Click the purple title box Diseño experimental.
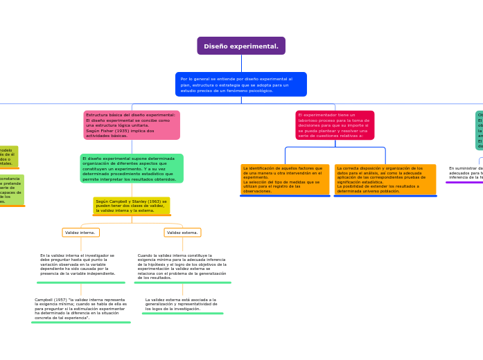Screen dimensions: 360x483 (x=241, y=46)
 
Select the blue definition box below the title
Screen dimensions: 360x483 (x=241, y=84)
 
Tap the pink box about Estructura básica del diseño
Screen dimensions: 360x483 (x=132, y=125)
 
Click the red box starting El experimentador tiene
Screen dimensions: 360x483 (x=335, y=125)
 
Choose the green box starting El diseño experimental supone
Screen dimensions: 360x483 (x=132, y=168)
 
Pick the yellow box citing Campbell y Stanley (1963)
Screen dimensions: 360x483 (x=132, y=205)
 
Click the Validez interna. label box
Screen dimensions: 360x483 (x=80, y=233)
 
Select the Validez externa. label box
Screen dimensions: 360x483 (x=182, y=233)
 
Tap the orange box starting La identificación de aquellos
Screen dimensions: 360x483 (x=285, y=179)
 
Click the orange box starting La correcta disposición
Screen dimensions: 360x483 (x=385, y=179)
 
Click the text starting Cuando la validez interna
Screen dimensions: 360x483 (x=182, y=267)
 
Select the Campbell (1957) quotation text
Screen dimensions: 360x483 (x=80, y=309)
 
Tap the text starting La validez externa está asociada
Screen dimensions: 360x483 (x=182, y=304)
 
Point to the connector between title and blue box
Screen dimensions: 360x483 (x=241, y=63)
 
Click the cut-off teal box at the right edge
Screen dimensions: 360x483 (x=479, y=130)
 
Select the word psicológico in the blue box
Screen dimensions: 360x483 (x=259, y=91)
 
